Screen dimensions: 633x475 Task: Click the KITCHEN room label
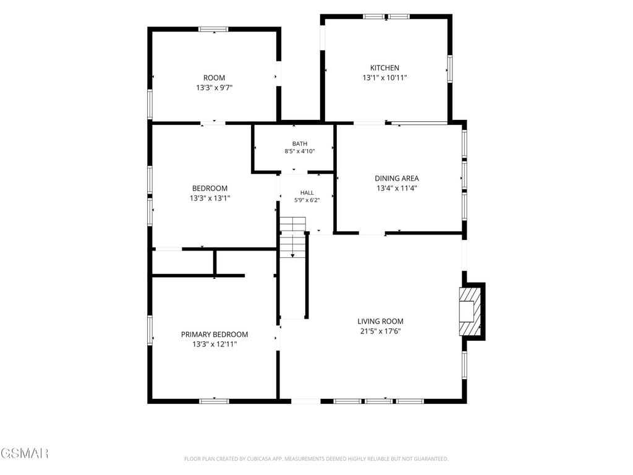tap(384, 68)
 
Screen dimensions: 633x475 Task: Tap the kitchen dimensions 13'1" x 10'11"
tap(384, 77)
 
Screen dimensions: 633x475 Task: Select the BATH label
tap(300, 143)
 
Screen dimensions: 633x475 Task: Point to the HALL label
tap(307, 193)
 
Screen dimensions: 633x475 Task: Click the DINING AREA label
tap(397, 178)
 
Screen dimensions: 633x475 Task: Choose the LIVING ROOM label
tap(380, 321)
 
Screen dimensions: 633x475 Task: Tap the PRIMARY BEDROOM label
tap(215, 335)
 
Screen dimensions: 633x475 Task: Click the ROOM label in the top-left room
tap(214, 77)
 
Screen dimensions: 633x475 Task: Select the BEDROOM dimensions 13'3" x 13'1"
tap(210, 198)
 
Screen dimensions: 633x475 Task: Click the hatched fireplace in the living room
tap(470, 311)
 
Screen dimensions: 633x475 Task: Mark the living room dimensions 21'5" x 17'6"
tap(380, 332)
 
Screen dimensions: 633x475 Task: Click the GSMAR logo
tap(24, 453)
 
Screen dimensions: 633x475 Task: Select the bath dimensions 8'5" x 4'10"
tap(300, 152)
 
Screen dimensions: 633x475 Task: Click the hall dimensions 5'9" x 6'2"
tap(307, 200)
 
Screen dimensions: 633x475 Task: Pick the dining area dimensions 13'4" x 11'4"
tap(397, 188)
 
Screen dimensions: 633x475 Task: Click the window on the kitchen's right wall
tap(449, 69)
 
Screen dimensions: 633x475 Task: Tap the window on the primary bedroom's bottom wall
tap(214, 401)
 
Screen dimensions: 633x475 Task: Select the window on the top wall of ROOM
tap(213, 29)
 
